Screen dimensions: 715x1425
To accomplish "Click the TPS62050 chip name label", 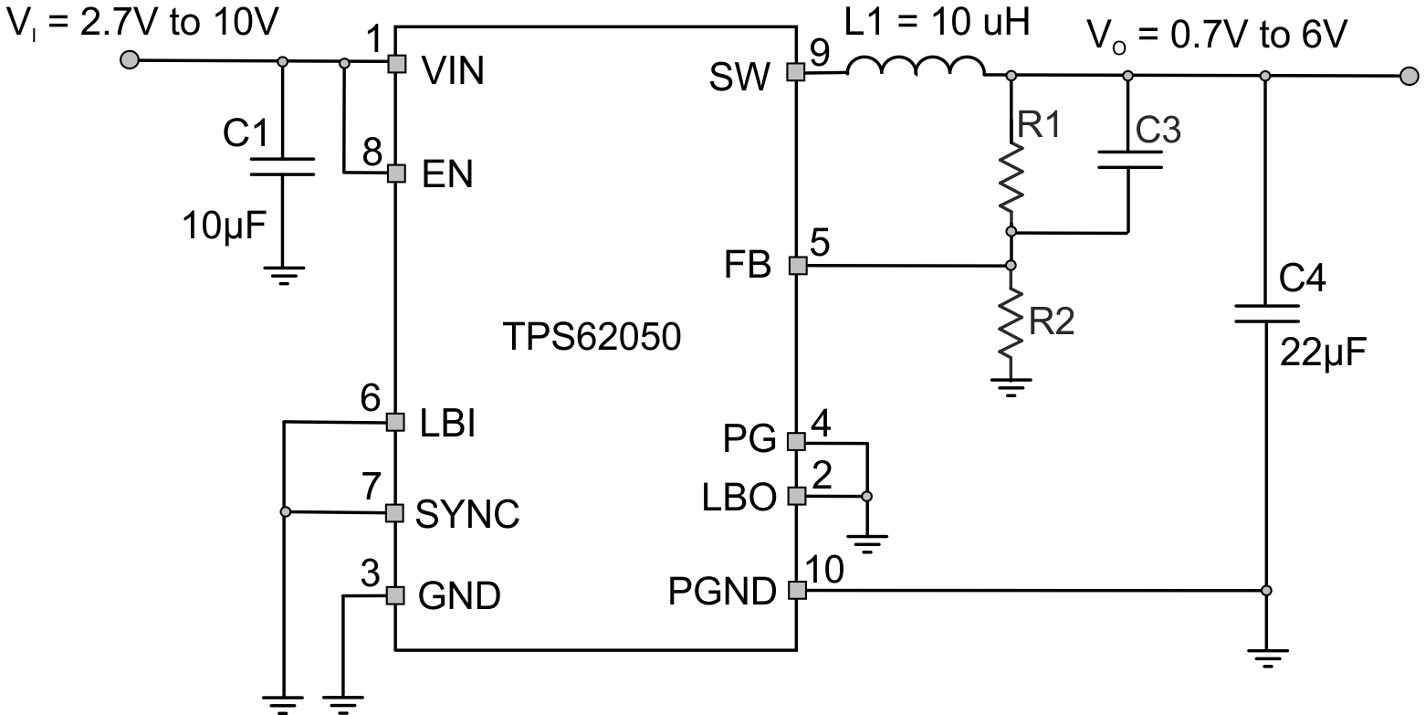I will tap(591, 338).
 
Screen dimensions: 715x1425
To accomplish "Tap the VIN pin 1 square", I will tap(396, 63).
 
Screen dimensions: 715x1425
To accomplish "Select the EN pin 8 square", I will tap(396, 173).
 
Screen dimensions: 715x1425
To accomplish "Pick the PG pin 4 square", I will tap(796, 442).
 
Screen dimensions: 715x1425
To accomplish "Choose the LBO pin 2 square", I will tap(796, 496).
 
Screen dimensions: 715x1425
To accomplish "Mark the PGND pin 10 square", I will tap(796, 591).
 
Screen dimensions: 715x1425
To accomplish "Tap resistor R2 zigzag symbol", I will tap(1011, 322).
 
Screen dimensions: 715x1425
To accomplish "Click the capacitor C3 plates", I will tap(1129, 161).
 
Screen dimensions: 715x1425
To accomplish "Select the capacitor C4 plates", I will tap(1265, 314).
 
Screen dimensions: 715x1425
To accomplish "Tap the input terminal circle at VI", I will tap(131, 61).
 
